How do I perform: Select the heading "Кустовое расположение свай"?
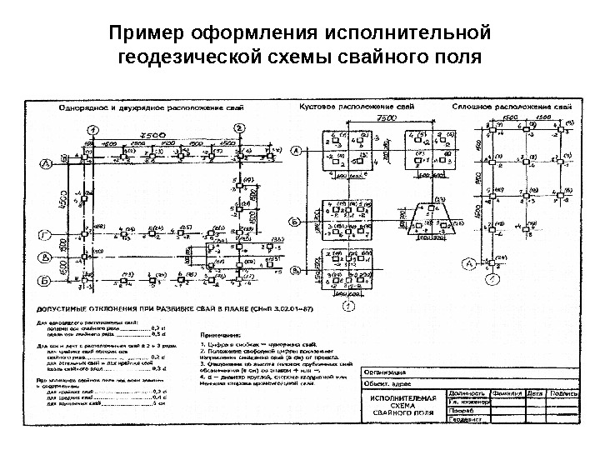pos(347,107)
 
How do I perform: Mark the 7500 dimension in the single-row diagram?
pos(151,134)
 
